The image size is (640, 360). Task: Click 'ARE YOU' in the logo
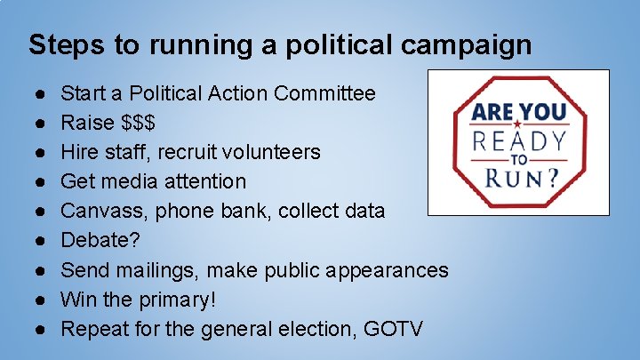518,113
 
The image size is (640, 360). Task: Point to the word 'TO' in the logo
519,160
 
